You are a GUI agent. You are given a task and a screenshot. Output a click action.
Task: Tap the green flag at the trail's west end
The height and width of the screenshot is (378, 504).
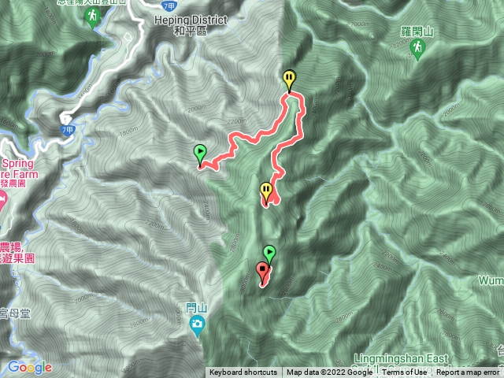[x=200, y=152]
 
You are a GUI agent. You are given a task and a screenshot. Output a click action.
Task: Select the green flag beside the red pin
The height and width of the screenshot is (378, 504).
[x=269, y=253]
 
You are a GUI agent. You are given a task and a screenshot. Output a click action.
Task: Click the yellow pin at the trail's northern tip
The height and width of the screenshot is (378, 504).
[x=290, y=79]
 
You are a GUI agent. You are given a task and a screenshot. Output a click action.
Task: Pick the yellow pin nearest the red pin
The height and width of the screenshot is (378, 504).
[x=266, y=191]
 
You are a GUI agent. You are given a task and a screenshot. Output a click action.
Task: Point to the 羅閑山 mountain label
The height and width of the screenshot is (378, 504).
[x=416, y=32]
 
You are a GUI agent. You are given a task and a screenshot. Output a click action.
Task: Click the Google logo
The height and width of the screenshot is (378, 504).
[x=29, y=367]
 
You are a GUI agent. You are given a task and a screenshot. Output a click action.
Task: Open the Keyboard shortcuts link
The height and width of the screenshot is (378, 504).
[x=243, y=372]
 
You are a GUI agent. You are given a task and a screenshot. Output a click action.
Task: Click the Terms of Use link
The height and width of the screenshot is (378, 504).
[x=405, y=372]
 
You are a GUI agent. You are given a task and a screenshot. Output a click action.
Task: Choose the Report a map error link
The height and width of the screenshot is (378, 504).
[x=469, y=372]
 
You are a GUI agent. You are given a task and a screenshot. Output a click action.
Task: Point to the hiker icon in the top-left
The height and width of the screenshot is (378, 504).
[x=92, y=17]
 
